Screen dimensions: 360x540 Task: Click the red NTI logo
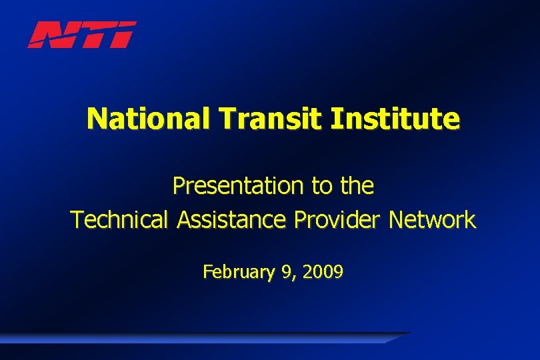[x=81, y=35]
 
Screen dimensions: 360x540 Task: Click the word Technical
[x=121, y=219]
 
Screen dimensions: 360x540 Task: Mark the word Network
[x=433, y=219]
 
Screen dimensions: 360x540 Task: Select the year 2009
[x=323, y=272]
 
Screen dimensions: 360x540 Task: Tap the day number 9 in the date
[x=285, y=272]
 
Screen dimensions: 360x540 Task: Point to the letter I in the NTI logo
[x=124, y=35]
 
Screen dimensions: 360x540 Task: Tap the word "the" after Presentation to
[x=357, y=186]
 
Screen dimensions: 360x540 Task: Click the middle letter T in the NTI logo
[x=93, y=35]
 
